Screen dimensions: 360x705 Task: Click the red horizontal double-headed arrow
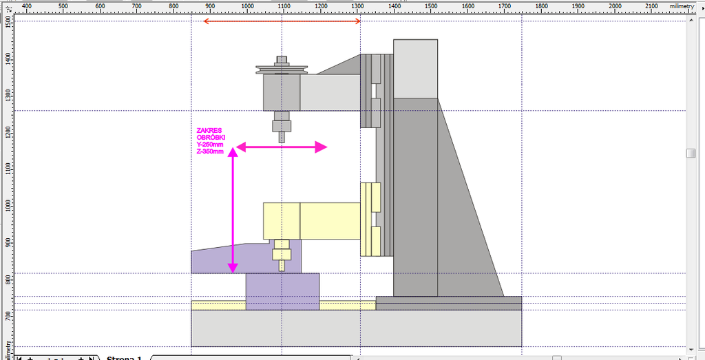point(282,21)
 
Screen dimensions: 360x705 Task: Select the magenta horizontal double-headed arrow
point(281,147)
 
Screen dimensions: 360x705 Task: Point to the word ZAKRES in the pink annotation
point(209,130)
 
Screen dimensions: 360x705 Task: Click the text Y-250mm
point(210,145)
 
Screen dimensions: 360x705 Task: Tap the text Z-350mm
point(210,151)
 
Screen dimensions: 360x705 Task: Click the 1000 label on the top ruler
point(246,6)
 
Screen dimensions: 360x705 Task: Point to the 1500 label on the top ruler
point(430,6)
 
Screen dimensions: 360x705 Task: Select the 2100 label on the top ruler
point(651,6)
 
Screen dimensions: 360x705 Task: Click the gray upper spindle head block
point(282,92)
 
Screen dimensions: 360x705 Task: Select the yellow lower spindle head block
point(282,220)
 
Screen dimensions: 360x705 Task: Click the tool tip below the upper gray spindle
point(282,136)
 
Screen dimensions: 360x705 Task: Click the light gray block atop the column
point(415,68)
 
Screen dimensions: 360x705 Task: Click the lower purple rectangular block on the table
point(282,291)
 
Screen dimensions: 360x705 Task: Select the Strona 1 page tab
point(124,357)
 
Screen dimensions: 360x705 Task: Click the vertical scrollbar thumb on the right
point(691,153)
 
